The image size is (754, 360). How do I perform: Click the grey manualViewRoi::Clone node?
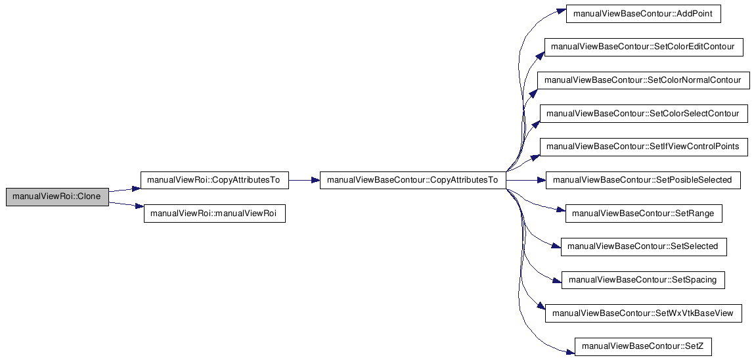[x=57, y=197]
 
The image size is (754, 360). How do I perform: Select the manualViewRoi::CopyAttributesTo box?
[x=214, y=181]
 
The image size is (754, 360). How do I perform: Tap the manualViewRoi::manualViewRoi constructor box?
[x=215, y=214]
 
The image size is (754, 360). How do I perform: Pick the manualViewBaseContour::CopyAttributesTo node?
[x=412, y=181]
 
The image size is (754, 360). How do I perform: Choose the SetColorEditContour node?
[x=644, y=47]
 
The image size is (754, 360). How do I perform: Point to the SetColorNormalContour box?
[x=644, y=80]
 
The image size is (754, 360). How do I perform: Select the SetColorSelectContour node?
[x=644, y=114]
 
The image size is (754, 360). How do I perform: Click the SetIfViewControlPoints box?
[x=644, y=146]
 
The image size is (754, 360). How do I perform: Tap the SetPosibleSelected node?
[x=644, y=180]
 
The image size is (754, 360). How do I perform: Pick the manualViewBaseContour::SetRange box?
[x=644, y=213]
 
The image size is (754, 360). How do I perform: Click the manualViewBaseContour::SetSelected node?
[x=644, y=246]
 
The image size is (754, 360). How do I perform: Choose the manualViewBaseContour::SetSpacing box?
[x=644, y=280]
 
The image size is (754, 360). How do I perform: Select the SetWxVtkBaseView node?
[x=644, y=313]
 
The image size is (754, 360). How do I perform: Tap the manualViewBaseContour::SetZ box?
[x=644, y=346]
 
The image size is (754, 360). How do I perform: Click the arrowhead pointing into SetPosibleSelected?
[x=542, y=181]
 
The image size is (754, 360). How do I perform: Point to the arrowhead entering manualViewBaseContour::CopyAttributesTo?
[x=316, y=181]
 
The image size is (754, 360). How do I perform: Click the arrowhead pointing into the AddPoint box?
[x=563, y=11]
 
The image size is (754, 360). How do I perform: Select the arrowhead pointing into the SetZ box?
[x=571, y=351]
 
